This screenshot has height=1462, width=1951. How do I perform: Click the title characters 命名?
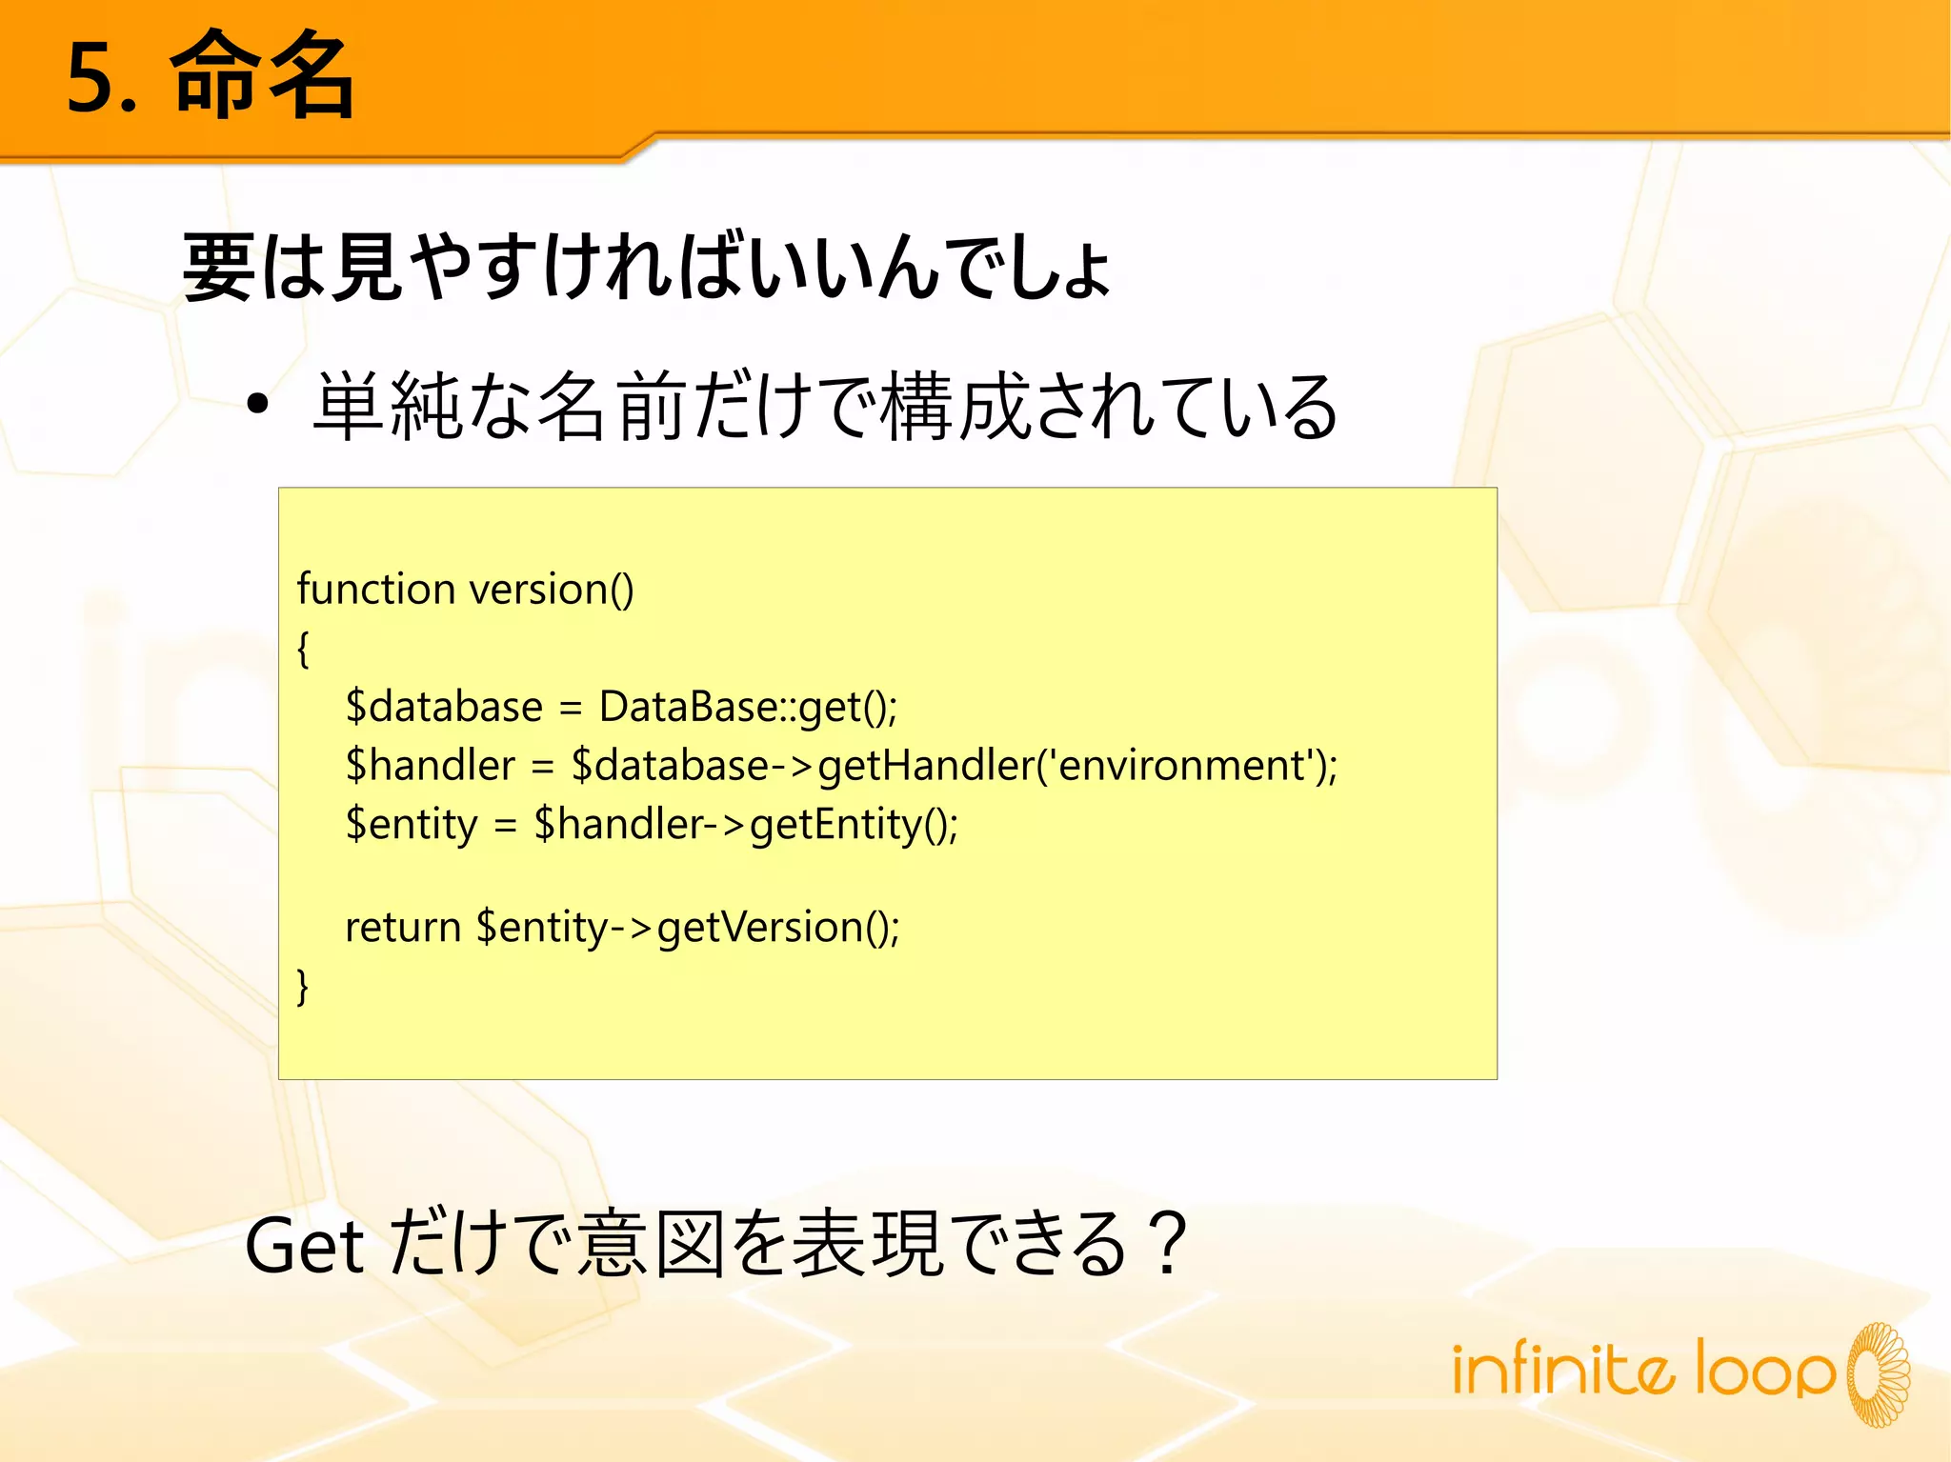tap(263, 76)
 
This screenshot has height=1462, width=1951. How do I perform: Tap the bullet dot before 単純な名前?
tap(257, 406)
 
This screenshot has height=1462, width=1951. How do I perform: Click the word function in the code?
tap(376, 589)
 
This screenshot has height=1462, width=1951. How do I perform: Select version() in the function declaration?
tap(552, 590)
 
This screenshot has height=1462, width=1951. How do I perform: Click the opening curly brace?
tap(303, 650)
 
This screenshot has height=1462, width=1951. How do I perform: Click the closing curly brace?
tap(303, 986)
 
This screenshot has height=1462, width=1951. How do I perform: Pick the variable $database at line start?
tap(444, 707)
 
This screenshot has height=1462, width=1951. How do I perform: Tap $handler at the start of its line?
tap(431, 766)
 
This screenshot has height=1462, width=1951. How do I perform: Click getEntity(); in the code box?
tap(854, 825)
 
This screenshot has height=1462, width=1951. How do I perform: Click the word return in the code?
tap(403, 927)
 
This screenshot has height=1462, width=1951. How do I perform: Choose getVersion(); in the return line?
tap(777, 928)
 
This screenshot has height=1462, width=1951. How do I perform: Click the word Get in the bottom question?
tap(304, 1246)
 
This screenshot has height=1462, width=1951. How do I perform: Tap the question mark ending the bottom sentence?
tap(1166, 1242)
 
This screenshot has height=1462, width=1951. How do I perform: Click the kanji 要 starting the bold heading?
tap(218, 268)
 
